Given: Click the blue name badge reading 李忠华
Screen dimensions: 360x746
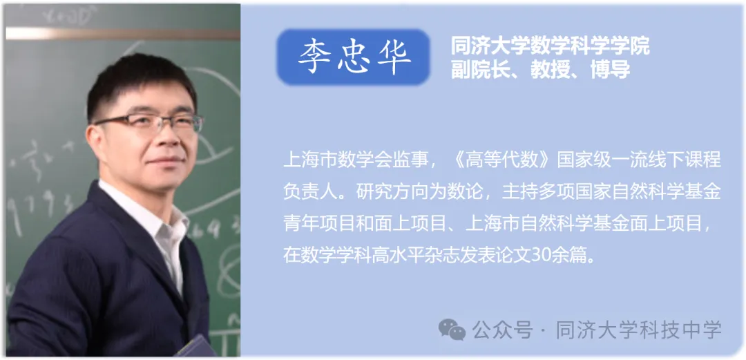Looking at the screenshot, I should click(353, 57).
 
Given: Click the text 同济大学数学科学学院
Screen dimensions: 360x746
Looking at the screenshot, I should click(550, 47).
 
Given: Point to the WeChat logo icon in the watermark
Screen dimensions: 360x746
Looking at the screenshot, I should click(452, 330).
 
